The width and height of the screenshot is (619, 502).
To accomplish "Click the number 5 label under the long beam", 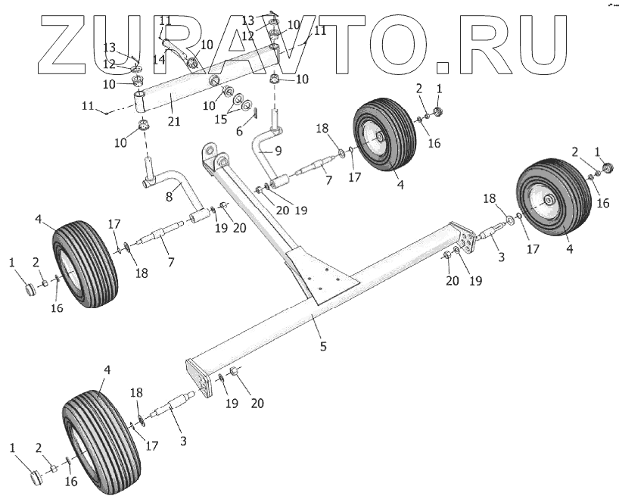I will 322,347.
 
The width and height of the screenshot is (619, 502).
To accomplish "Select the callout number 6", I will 241,131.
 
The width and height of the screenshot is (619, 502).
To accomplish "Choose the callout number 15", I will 220,120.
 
